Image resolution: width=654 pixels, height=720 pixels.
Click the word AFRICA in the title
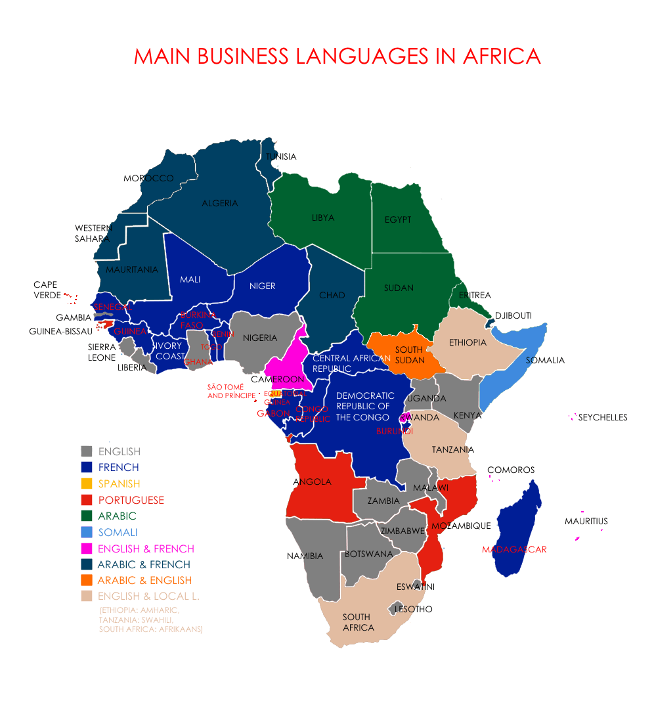click(x=502, y=56)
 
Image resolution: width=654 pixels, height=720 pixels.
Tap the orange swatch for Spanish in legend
click(x=86, y=484)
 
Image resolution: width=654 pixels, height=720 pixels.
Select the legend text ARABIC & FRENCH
click(x=144, y=564)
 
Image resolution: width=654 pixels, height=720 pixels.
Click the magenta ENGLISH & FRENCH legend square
click(x=86, y=549)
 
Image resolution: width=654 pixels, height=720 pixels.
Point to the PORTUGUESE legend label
click(x=131, y=500)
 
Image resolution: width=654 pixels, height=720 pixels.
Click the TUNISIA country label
click(x=280, y=157)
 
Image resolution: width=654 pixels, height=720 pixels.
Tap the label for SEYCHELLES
click(x=603, y=417)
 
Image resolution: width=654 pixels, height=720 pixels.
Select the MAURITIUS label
click(x=586, y=522)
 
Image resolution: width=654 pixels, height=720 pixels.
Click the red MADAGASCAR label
click(x=514, y=550)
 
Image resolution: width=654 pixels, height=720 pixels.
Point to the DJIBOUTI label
click(x=513, y=315)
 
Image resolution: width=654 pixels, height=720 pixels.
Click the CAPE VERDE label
click(x=46, y=290)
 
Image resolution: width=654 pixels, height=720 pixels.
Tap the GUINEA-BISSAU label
click(x=60, y=331)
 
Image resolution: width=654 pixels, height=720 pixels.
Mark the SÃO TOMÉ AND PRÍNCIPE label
click(x=231, y=392)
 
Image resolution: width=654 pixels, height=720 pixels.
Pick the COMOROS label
click(x=511, y=470)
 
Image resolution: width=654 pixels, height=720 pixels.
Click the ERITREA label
click(x=475, y=296)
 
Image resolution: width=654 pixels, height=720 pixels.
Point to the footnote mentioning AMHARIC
click(x=139, y=610)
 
